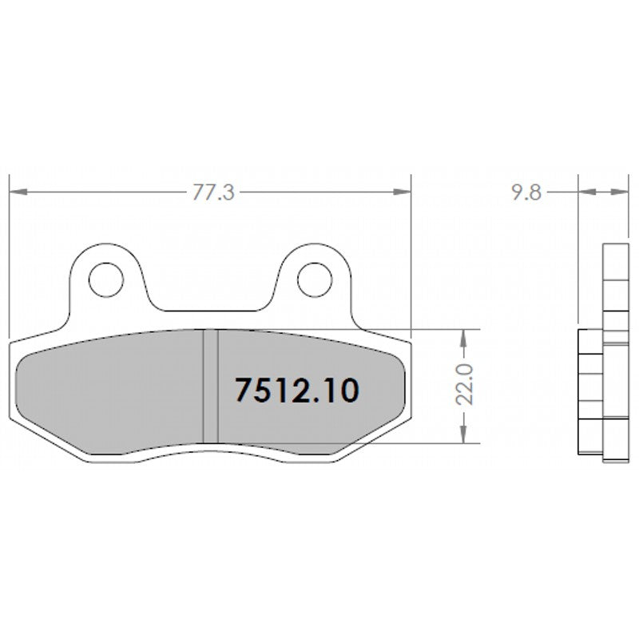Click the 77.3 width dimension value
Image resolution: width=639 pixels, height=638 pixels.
[212, 192]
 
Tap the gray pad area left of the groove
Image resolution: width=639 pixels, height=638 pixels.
[112, 387]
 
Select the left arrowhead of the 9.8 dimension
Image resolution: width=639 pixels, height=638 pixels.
[584, 192]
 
